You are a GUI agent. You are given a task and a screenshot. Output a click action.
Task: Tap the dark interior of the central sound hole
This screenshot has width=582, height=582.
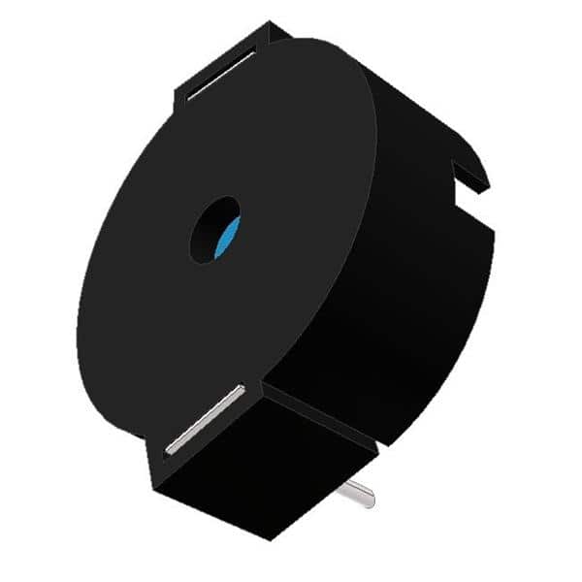(x=210, y=228)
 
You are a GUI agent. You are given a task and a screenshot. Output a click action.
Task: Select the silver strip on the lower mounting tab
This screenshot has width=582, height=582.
(x=205, y=419)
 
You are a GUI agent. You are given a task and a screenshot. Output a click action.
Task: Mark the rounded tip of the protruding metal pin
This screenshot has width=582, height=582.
(x=370, y=500)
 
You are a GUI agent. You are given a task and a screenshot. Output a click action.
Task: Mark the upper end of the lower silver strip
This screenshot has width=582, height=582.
(x=241, y=390)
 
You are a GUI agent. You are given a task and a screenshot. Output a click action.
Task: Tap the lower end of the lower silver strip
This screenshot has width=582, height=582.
(x=170, y=449)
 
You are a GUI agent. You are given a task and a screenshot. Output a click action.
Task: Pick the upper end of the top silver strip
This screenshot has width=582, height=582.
(x=254, y=54)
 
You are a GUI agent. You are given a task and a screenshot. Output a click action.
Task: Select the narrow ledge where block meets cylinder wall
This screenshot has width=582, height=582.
(x=320, y=407)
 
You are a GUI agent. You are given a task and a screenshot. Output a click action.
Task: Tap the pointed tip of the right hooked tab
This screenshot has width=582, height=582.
(x=487, y=180)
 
